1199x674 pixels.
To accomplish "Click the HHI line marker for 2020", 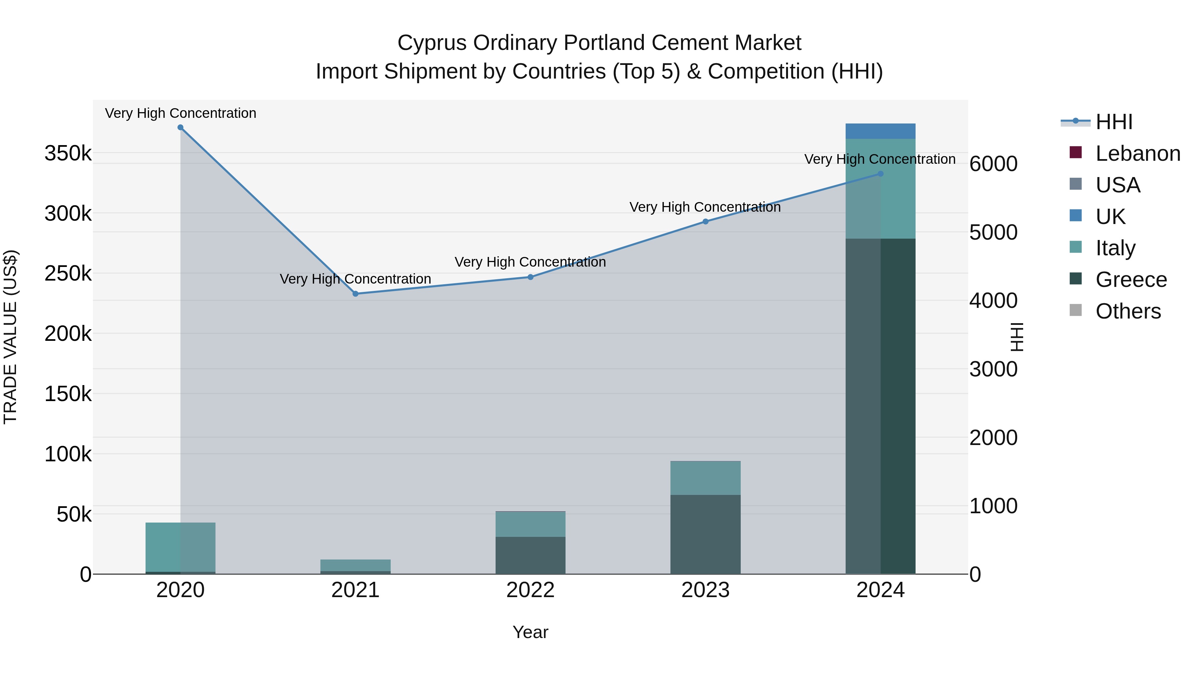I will pyautogui.click(x=181, y=127).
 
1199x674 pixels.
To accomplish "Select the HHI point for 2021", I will pyautogui.click(x=356, y=294).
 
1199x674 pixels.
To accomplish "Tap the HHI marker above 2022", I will pyautogui.click(x=531, y=277).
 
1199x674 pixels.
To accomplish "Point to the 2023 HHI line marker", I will pyautogui.click(x=706, y=222).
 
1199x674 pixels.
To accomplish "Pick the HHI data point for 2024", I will pyautogui.click(x=881, y=174).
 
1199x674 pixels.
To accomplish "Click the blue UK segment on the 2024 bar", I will pyautogui.click(x=881, y=131).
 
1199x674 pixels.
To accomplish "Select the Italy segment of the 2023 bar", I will pyautogui.click(x=706, y=478).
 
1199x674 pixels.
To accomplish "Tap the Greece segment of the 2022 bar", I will pyautogui.click(x=531, y=556).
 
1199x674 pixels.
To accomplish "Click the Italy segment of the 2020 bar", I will pyautogui.click(x=181, y=547).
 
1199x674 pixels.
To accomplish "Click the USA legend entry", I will pyautogui.click(x=1118, y=185).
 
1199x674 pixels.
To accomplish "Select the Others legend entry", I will pyautogui.click(x=1128, y=311).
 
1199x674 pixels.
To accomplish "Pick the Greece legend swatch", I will pyautogui.click(x=1076, y=279).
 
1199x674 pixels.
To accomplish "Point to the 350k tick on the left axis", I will pyautogui.click(x=68, y=153).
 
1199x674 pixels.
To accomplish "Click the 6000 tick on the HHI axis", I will pyautogui.click(x=993, y=164).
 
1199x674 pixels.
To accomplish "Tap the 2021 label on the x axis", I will pyautogui.click(x=356, y=590).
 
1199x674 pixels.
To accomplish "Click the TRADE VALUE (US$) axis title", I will pyautogui.click(x=10, y=337).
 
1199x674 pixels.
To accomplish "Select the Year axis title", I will pyautogui.click(x=531, y=633).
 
